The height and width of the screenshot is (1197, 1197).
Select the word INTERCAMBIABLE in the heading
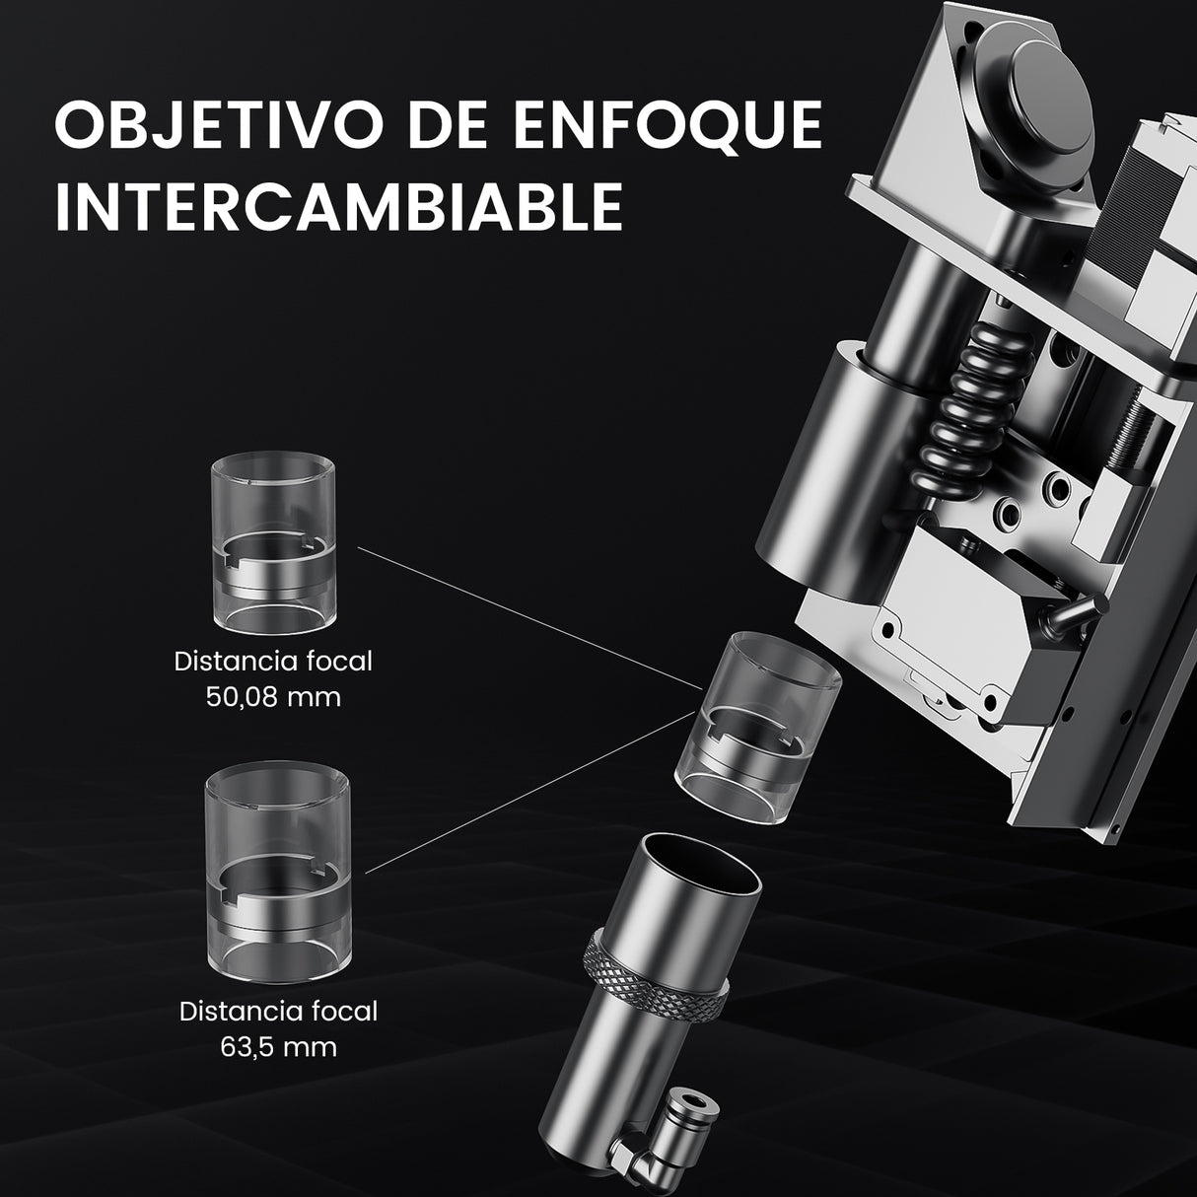click(338, 205)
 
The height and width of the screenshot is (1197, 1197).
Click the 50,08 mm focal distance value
click(273, 697)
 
